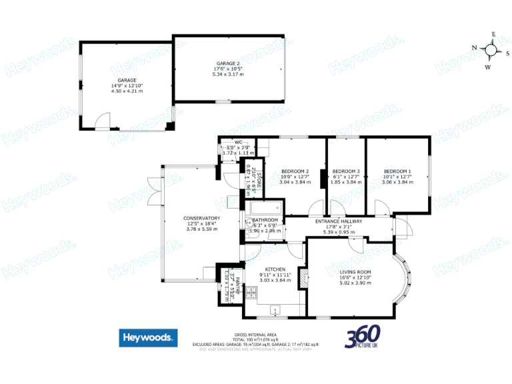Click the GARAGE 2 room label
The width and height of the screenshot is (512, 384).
point(228,63)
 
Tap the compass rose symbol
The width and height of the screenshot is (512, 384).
point(491,49)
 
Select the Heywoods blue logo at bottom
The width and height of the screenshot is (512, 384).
point(149,338)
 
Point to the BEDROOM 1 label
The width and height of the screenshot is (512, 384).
point(397,171)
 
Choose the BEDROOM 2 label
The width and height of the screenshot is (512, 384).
point(295,171)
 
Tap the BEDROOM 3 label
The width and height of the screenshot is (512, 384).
point(345,171)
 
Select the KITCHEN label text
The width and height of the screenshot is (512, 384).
point(275,269)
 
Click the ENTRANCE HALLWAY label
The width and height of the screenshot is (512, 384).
point(339,221)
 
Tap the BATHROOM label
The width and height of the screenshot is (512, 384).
point(265,220)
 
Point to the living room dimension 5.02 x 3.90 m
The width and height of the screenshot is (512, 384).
point(355,283)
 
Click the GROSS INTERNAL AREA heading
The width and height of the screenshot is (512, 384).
point(255,334)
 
